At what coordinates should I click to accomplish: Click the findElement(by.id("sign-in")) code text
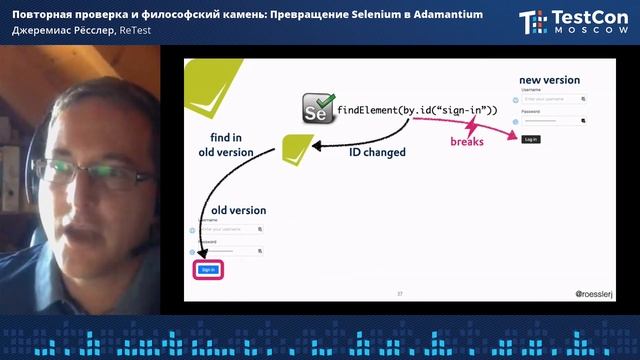click(x=417, y=109)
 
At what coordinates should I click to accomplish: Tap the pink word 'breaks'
click(x=467, y=142)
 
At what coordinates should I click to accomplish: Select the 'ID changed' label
click(x=377, y=153)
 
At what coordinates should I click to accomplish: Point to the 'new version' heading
click(x=549, y=80)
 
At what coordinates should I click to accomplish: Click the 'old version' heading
click(x=238, y=210)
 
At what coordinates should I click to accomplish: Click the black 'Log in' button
click(x=530, y=139)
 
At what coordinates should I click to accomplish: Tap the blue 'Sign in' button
click(x=208, y=269)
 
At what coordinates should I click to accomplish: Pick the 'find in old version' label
click(x=224, y=144)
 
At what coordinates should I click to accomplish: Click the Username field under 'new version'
click(x=552, y=99)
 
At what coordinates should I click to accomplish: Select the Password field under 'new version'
click(x=552, y=121)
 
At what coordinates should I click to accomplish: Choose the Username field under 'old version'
click(x=230, y=229)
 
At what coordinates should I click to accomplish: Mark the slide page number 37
click(x=399, y=294)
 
